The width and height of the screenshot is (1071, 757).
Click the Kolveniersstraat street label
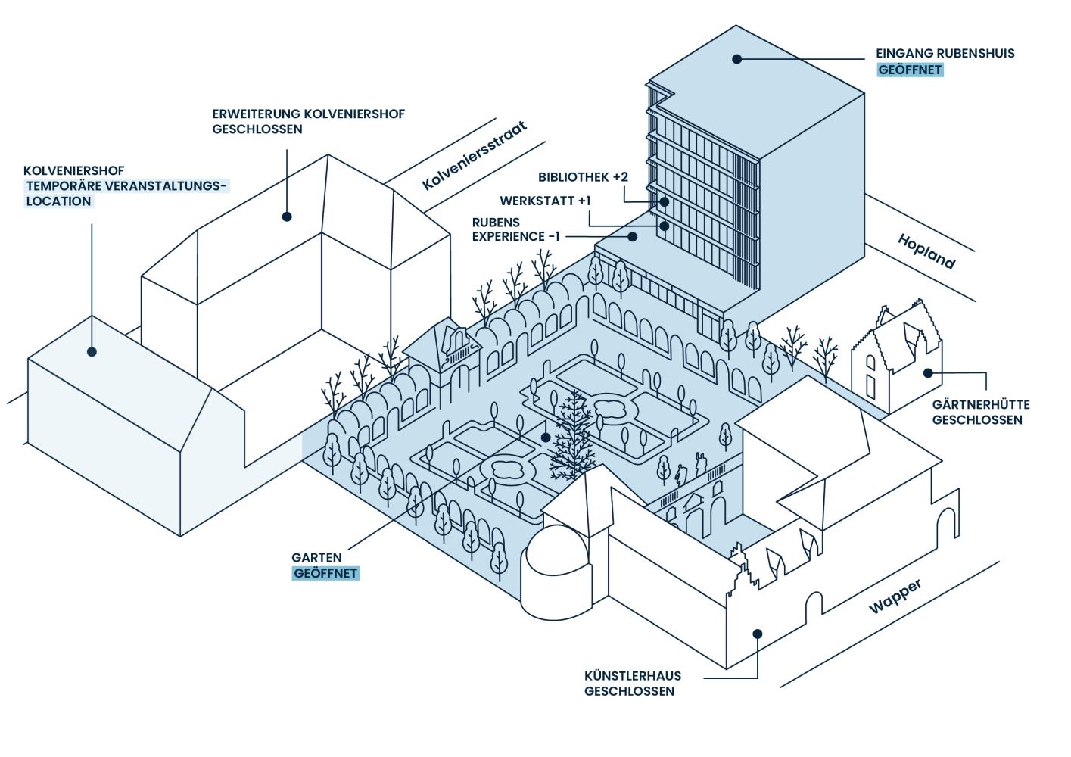[475, 165]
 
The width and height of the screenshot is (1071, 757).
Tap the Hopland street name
[926, 251]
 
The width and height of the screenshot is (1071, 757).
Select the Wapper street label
[896, 597]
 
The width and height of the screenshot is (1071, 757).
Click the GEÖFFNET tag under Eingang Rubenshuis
[910, 70]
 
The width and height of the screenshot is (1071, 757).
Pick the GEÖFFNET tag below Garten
[326, 574]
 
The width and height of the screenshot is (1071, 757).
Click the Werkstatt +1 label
[545, 201]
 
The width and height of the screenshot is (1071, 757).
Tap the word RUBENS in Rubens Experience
[497, 222]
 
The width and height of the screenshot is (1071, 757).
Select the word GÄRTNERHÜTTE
[981, 405]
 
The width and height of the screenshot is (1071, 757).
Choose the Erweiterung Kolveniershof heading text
[309, 114]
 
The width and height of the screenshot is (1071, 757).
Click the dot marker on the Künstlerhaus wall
[757, 634]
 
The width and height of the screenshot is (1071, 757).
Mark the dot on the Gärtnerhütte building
[928, 372]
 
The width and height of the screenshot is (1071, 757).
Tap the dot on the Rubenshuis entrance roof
[736, 58]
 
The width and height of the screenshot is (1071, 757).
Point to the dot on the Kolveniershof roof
[92, 351]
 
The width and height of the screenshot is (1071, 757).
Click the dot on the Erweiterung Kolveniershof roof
[287, 217]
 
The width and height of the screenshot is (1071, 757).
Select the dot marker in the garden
[545, 438]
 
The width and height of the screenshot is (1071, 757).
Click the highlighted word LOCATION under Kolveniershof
[59, 201]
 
